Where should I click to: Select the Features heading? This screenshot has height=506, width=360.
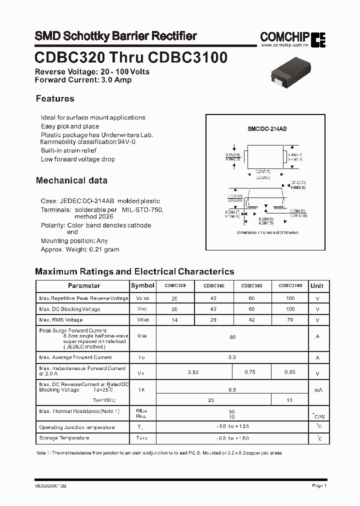coord(55,99)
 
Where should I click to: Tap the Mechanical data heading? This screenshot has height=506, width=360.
coord(71,180)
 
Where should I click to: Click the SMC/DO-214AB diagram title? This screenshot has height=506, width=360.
coord(267,129)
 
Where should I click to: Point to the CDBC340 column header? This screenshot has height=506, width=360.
coord(213,285)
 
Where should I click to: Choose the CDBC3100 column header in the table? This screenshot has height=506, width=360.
coord(290,285)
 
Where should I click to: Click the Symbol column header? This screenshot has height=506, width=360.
coord(142,285)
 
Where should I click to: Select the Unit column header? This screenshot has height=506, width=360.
coord(317,286)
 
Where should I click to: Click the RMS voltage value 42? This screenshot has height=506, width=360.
coord(251,320)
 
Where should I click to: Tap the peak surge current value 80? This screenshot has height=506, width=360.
coord(232,337)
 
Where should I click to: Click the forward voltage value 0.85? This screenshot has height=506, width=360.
coord(290,372)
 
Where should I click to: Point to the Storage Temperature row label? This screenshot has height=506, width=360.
coord(64,438)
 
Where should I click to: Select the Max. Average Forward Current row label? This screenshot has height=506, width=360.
coord(75,357)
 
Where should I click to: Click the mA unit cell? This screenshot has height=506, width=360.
coord(317,390)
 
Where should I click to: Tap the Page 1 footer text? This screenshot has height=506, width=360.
coord(319,485)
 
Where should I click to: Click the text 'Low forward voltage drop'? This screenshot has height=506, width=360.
coord(78,159)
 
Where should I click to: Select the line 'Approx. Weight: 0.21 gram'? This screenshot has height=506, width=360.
coord(80,249)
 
